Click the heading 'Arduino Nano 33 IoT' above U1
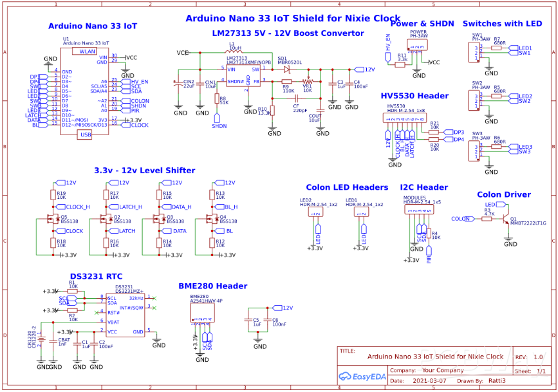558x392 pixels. [93, 26]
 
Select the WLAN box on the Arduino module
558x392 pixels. [88, 51]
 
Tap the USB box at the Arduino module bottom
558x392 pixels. [86, 134]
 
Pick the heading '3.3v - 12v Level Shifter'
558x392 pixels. [144, 171]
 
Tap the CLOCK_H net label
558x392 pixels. [77, 207]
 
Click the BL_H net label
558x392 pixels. [231, 207]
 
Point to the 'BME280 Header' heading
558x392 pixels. [212, 286]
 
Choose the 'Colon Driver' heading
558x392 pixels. [503, 194]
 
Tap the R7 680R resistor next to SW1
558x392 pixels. [497, 48]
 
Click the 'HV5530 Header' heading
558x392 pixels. [414, 96]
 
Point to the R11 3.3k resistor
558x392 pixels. [400, 64]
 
